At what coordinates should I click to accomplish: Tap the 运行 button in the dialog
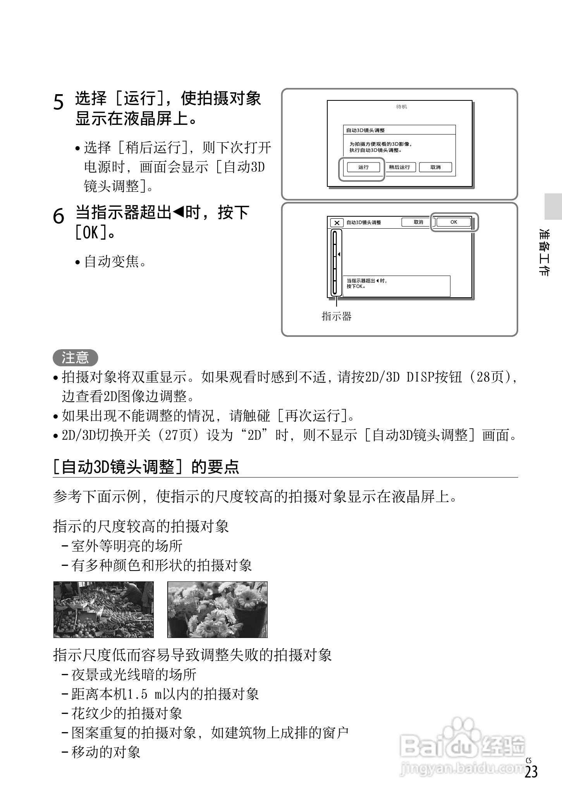coord(363,167)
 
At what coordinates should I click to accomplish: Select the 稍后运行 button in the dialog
coord(399,167)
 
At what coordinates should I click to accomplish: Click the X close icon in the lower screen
coord(337,223)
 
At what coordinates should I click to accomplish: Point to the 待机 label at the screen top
coord(402,107)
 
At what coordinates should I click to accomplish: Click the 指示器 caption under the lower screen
coord(337,317)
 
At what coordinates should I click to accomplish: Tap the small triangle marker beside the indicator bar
coord(339,254)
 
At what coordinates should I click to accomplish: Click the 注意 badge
coord(75,357)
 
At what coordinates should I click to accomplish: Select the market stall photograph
coord(103,610)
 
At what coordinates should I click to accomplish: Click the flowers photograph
coord(217,610)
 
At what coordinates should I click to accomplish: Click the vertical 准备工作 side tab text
coord(544,252)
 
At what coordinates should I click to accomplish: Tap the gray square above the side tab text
coord(553,207)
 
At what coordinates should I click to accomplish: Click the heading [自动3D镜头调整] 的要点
coord(146,467)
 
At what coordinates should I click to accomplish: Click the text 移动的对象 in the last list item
coord(106,752)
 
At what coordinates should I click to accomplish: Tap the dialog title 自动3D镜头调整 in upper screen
coord(365,131)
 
